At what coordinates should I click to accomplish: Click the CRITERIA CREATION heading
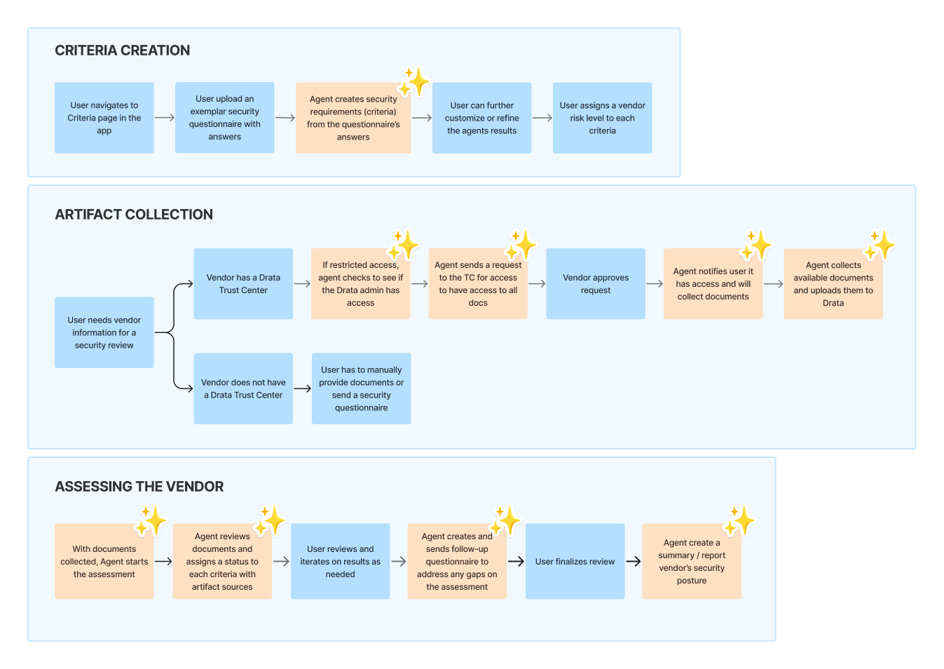click(x=122, y=50)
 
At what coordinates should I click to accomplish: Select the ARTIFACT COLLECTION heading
click(x=134, y=215)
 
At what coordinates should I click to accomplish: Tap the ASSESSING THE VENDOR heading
click(x=139, y=487)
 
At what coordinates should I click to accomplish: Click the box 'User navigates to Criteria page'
click(x=104, y=118)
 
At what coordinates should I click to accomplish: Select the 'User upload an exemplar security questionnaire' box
click(x=224, y=118)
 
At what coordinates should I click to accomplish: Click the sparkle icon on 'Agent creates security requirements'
click(x=414, y=82)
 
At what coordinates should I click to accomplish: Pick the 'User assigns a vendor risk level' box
click(x=602, y=118)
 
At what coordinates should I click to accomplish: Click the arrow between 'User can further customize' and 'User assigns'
click(x=542, y=118)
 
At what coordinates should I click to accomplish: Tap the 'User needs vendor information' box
click(x=104, y=332)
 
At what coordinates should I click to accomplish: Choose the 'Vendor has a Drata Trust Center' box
click(x=243, y=284)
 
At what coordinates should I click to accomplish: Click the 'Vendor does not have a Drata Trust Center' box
click(x=243, y=388)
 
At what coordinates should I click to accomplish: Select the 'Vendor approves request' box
click(x=596, y=284)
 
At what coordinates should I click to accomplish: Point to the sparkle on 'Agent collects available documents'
click(x=880, y=245)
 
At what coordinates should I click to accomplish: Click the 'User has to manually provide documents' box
click(x=361, y=388)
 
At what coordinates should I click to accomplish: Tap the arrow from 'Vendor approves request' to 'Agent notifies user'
click(x=655, y=284)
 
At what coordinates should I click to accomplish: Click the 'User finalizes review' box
click(x=575, y=562)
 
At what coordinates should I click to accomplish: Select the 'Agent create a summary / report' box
click(x=692, y=562)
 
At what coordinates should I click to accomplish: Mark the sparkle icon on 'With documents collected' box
click(x=150, y=521)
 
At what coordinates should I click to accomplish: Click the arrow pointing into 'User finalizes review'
click(x=516, y=562)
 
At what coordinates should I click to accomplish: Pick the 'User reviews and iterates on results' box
click(x=340, y=562)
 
